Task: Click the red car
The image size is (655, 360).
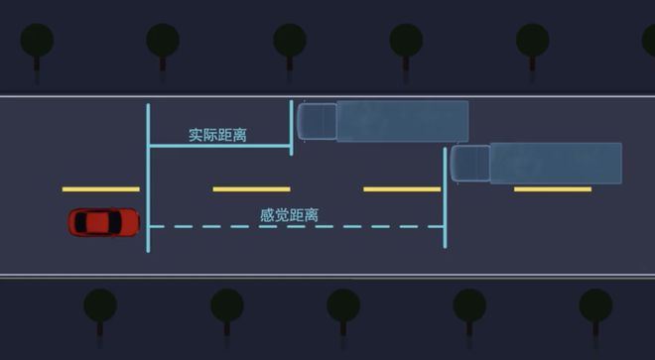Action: tap(103, 222)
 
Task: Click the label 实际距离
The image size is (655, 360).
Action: tap(217, 134)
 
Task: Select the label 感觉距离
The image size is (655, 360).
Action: tap(289, 214)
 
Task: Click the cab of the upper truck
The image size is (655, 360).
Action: tap(317, 121)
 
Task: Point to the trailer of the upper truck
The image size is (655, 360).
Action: tap(402, 121)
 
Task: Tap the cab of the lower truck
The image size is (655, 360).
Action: tap(470, 164)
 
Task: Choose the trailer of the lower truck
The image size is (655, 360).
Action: tap(556, 164)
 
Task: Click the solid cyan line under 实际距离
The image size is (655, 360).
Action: tap(219, 147)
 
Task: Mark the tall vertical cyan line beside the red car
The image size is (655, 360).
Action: tap(148, 179)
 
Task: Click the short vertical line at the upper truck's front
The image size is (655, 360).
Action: tap(291, 127)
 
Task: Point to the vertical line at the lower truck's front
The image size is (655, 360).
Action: tap(445, 198)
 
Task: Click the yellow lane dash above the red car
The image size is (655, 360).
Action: tap(100, 188)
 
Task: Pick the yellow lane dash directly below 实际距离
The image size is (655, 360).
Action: tap(251, 188)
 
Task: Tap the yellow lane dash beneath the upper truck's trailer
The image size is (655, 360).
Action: tap(402, 188)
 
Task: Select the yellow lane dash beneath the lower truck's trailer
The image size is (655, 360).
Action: tap(553, 188)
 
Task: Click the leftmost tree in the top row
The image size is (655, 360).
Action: tap(38, 43)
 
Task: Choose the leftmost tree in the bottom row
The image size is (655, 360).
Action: tap(100, 306)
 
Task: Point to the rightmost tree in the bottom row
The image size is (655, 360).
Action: tap(595, 306)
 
